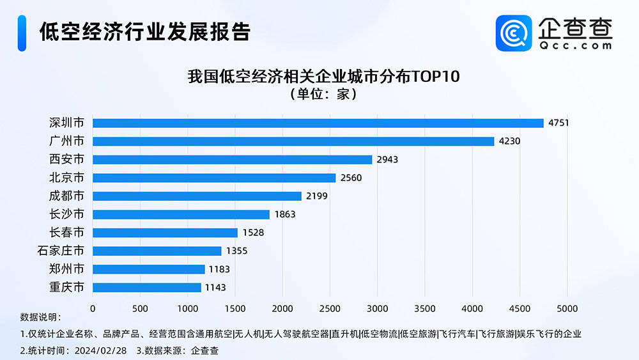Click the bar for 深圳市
click(318, 123)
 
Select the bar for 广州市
click(293, 141)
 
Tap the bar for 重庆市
click(147, 288)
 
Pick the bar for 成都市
click(197, 196)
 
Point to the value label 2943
click(387, 160)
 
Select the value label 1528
click(252, 233)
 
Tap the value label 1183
click(219, 269)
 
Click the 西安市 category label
click(66, 159)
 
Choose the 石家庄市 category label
click(61, 251)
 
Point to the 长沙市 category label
click(66, 214)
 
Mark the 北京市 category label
click(66, 178)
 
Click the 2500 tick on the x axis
click(330, 309)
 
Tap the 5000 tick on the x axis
click(567, 309)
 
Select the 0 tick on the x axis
click(93, 309)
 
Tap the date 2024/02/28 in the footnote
click(100, 350)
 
